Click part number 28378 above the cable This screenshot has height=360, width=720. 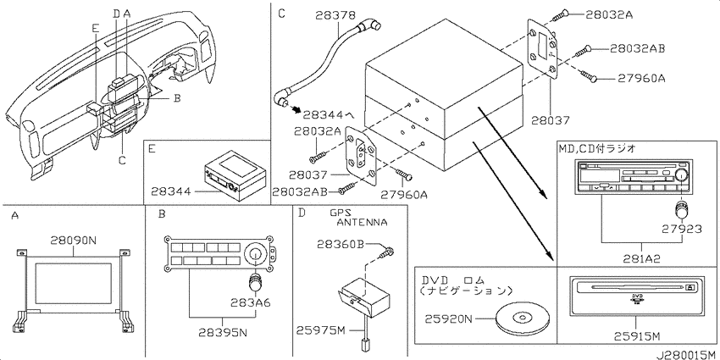(x=335, y=15)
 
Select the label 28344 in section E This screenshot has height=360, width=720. (x=171, y=191)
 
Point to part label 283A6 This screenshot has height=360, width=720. (x=251, y=302)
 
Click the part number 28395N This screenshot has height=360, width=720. (x=223, y=333)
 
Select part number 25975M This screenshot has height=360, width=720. (x=319, y=330)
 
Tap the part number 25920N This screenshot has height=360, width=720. (x=448, y=318)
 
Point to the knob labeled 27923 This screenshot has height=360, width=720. (x=681, y=210)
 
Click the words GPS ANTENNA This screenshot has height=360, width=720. (x=358, y=218)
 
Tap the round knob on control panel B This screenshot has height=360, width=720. (x=253, y=253)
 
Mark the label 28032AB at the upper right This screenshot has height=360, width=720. (x=638, y=48)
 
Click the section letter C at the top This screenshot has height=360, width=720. (x=281, y=14)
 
